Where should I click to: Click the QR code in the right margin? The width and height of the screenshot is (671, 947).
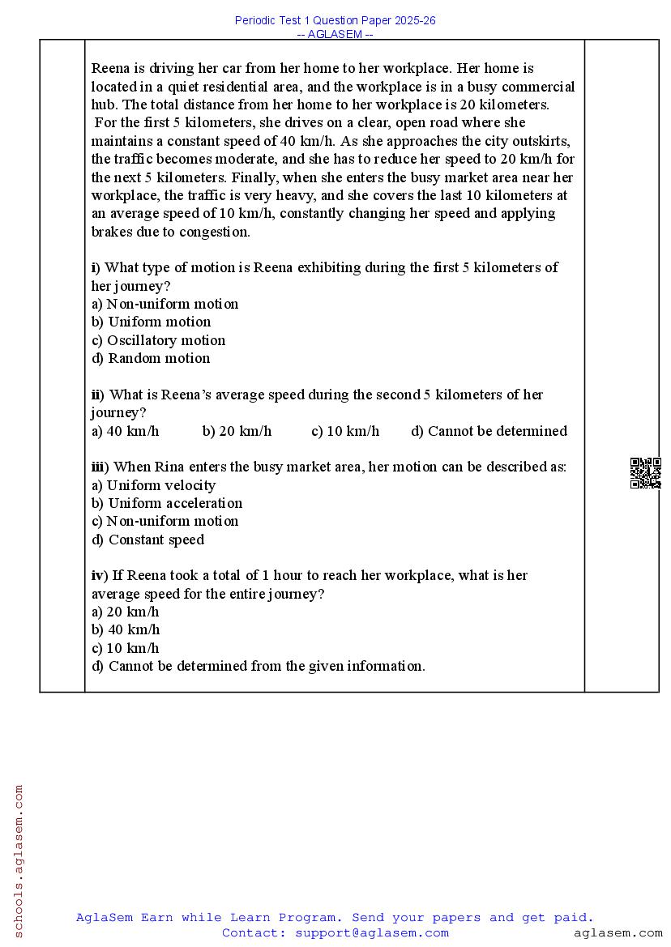[x=645, y=473]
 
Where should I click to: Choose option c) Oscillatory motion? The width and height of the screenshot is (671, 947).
[x=158, y=340]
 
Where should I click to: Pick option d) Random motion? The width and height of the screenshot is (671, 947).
[x=151, y=358]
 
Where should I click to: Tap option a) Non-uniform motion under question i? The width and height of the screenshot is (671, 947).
[x=165, y=304]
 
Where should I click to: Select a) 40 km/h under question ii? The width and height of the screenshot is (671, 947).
[x=125, y=431]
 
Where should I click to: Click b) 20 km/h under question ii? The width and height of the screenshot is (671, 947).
[x=237, y=431]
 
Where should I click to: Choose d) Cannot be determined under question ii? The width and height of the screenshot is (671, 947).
[x=489, y=431]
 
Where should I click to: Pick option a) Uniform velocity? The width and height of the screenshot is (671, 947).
[x=153, y=485]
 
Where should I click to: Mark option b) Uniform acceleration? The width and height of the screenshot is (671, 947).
[x=166, y=503]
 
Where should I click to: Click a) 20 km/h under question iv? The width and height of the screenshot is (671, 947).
[x=125, y=612]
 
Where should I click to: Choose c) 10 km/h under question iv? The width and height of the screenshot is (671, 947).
[x=125, y=648]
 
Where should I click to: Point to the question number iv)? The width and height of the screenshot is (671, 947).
[x=99, y=575]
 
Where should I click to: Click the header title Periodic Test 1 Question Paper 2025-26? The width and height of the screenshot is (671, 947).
[x=335, y=20]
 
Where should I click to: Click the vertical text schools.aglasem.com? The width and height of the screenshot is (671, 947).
[x=19, y=860]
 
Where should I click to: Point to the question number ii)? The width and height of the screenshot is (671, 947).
[x=97, y=395]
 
